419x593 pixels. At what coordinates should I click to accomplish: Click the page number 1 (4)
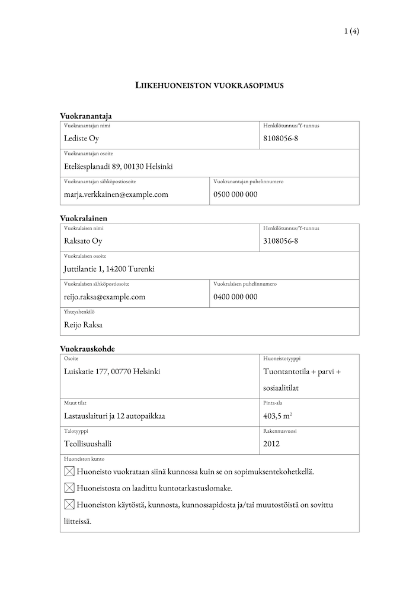tap(351, 32)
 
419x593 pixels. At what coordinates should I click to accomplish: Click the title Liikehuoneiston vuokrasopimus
tap(210, 85)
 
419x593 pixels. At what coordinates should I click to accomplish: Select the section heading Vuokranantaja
tap(86, 116)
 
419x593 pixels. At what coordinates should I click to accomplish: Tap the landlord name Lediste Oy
tap(81, 139)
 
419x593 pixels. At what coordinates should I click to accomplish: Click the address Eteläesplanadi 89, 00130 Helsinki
tap(118, 167)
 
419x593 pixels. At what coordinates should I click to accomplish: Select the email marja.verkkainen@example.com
tap(116, 194)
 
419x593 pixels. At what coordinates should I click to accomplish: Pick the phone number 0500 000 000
tap(235, 194)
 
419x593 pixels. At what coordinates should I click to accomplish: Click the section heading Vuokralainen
tap(84, 219)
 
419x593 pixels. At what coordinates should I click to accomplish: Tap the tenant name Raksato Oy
tap(83, 241)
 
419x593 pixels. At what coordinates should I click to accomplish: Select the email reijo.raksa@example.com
tap(104, 296)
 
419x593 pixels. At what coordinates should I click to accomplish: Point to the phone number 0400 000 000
tap(235, 296)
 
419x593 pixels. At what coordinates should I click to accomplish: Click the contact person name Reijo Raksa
tap(83, 324)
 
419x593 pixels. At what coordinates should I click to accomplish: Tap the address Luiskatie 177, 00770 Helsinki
tap(111, 372)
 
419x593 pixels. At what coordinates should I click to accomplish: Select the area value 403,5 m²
tap(279, 416)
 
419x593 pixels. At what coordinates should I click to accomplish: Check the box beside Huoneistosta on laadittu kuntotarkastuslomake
tap(69, 488)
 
